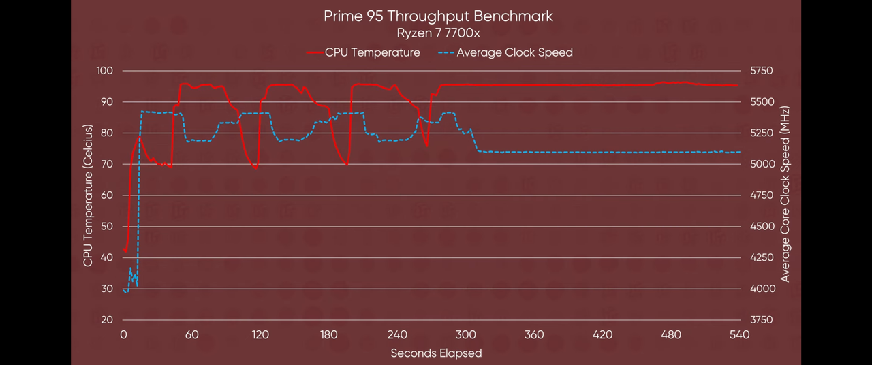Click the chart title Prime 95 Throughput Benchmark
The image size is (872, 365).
[x=438, y=16]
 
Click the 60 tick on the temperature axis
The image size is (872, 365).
[x=107, y=195]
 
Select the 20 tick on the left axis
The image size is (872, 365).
[x=107, y=320]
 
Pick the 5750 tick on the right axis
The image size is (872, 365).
[x=761, y=71]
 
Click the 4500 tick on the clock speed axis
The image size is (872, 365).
[x=761, y=227]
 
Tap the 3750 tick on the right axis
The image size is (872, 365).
[x=761, y=320]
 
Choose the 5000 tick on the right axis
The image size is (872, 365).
[x=761, y=164]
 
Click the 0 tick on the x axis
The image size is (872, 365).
[x=123, y=334]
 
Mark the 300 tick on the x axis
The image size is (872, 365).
[x=466, y=334]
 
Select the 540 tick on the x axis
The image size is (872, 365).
[x=739, y=334]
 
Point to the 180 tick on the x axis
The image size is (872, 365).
[x=329, y=334]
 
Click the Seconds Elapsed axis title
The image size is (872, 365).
[x=436, y=353]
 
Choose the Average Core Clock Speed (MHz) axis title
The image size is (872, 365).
[x=785, y=194]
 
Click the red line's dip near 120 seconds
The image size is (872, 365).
[x=255, y=168]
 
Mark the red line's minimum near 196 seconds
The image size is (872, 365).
[x=347, y=165]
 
